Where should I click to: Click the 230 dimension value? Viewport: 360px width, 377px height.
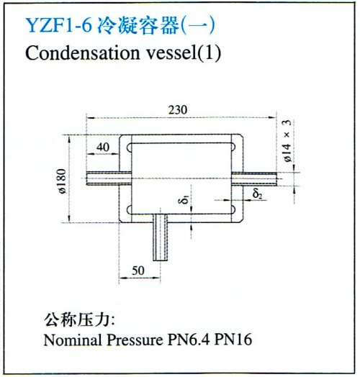pyautogui.click(x=178, y=110)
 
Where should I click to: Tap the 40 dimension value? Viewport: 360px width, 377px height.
pyautogui.click(x=103, y=147)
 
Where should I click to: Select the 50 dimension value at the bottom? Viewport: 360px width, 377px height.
pyautogui.click(x=138, y=271)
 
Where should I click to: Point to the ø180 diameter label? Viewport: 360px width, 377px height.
pyautogui.click(x=62, y=181)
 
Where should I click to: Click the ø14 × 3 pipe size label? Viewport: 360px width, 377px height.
pyautogui.click(x=287, y=140)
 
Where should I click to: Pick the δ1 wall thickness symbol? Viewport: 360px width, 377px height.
pyautogui.click(x=184, y=199)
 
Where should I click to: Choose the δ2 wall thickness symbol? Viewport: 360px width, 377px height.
pyautogui.click(x=257, y=194)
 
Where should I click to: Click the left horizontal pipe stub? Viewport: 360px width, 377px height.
pyautogui.click(x=109, y=178)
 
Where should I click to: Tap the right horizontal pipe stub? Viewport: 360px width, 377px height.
pyautogui.click(x=254, y=178)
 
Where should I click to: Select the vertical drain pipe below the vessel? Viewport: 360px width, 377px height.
pyautogui.click(x=161, y=237)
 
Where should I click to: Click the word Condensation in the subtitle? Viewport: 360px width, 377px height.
pyautogui.click(x=83, y=53)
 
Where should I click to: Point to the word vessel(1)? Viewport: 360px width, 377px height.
pyautogui.click(x=184, y=53)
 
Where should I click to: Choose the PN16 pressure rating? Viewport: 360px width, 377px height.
pyautogui.click(x=233, y=340)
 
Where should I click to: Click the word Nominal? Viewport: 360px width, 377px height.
pyautogui.click(x=72, y=340)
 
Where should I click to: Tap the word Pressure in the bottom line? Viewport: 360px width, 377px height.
pyautogui.click(x=135, y=340)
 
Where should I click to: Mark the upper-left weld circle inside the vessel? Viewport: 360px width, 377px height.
pyautogui.click(x=130, y=147)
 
